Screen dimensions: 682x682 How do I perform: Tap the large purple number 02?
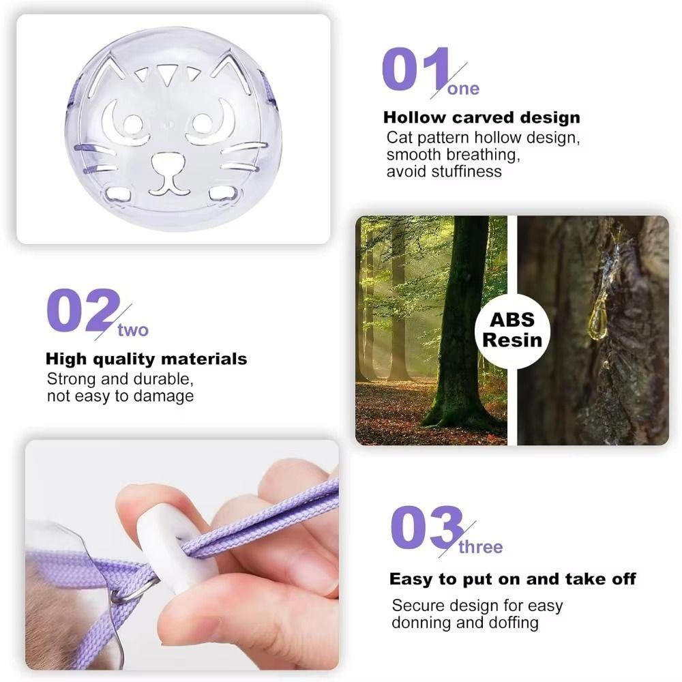tap(82, 311)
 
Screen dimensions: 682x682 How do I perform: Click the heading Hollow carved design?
tap(481, 117)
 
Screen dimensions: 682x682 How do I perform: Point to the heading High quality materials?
tap(146, 359)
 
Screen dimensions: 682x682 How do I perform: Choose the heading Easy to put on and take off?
tap(512, 579)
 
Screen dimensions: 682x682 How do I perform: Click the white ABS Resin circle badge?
tap(512, 330)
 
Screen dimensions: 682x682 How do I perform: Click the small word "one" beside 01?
tap(464, 89)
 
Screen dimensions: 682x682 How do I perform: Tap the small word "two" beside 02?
tap(132, 331)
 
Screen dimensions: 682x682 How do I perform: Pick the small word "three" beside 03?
tap(480, 547)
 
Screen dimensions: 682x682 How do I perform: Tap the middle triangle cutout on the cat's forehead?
tap(166, 72)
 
